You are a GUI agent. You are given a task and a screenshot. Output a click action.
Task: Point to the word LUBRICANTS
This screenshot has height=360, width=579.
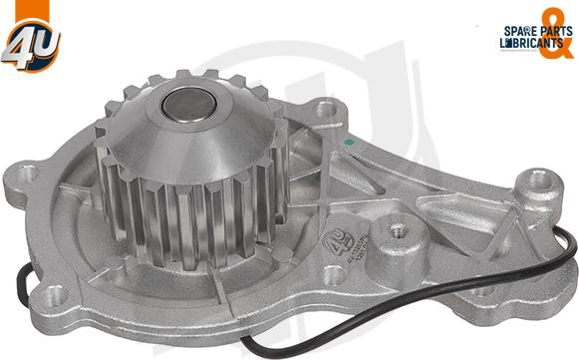click(x=524, y=44)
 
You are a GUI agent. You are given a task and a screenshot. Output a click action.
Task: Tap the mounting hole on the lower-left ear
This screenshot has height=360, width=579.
click(x=56, y=294)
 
